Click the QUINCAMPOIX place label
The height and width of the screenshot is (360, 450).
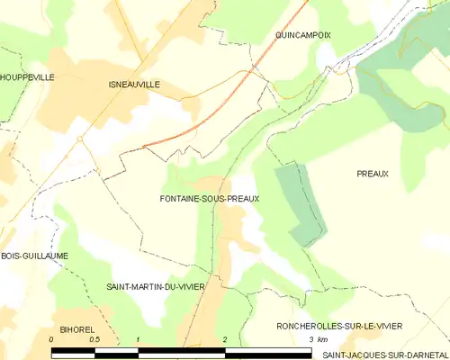pos(303,34)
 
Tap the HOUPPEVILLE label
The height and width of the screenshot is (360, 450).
pos(27,77)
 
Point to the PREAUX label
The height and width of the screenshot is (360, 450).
pos(372,174)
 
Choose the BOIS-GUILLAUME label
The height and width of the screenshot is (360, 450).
pos(34,256)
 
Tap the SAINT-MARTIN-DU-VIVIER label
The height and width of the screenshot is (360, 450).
pos(155,286)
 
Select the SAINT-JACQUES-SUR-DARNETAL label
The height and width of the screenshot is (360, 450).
pos(384,355)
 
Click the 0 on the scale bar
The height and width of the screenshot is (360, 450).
pos(51,339)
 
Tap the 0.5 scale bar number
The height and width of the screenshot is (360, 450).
pos(94,339)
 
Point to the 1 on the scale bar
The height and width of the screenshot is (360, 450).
pos(138,339)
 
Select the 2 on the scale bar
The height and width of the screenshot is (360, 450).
pos(224,339)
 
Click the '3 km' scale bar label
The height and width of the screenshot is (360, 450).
pos(316,339)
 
